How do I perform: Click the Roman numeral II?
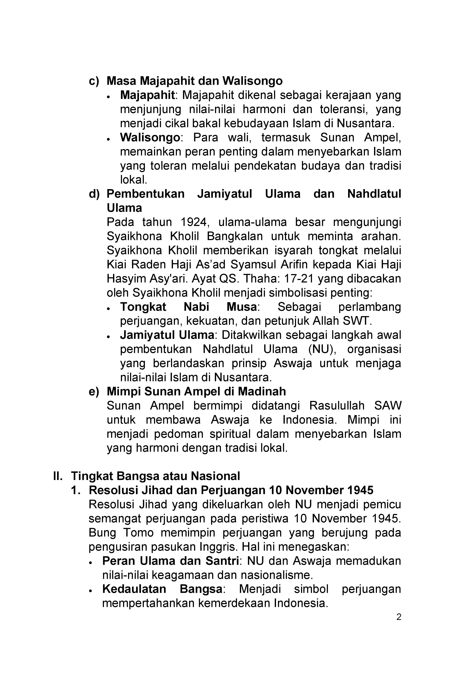58,476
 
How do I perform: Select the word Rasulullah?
337,406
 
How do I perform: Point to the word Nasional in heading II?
215,476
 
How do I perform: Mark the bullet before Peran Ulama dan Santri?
91,562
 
